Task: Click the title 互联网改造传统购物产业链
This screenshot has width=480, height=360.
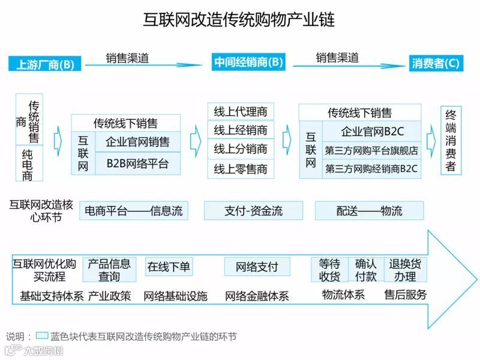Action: pyautogui.click(x=240, y=19)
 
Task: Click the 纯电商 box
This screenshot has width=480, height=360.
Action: pyautogui.click(x=28, y=163)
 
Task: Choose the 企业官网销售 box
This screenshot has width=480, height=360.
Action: pyautogui.click(x=137, y=142)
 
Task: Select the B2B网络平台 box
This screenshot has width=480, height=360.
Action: pyautogui.click(x=137, y=163)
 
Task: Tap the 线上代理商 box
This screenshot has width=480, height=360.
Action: pyautogui.click(x=241, y=112)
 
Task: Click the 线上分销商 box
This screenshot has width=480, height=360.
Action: pyautogui.click(x=241, y=149)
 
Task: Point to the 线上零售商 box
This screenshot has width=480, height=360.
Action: pyautogui.click(x=241, y=169)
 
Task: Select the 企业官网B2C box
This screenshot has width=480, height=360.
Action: pyautogui.click(x=371, y=131)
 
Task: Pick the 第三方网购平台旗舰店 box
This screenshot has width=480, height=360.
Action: pyautogui.click(x=371, y=151)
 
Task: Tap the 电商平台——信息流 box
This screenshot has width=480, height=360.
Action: pyautogui.click(x=133, y=211)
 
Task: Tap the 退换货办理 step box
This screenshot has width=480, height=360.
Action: pyautogui.click(x=405, y=270)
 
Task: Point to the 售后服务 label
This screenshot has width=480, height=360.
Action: pyautogui.click(x=406, y=295)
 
